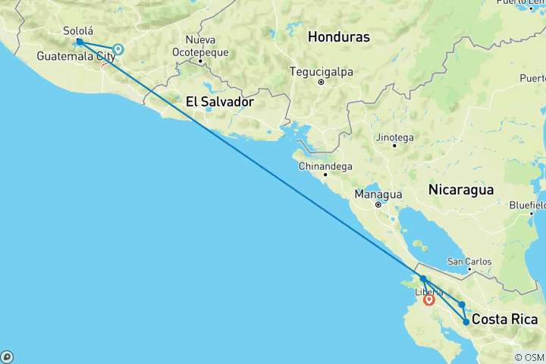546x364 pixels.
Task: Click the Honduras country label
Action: [x=339, y=36]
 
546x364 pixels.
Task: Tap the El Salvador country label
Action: [x=219, y=101]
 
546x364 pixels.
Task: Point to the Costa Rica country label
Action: [x=504, y=320]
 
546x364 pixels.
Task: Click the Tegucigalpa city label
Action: [x=322, y=72]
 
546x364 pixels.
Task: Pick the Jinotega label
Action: [x=393, y=137]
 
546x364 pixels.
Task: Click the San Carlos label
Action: [x=469, y=262]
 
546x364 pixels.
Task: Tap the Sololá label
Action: [x=77, y=31]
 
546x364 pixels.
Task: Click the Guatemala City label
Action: [x=76, y=55]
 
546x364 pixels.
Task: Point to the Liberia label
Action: [x=428, y=291]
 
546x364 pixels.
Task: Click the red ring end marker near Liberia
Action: [x=429, y=300]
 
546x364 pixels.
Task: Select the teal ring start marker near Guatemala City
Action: [x=118, y=50]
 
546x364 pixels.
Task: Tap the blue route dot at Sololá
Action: [x=79, y=42]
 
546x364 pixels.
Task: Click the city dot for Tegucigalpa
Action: [x=322, y=82]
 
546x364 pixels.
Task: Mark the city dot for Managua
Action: [x=378, y=204]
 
